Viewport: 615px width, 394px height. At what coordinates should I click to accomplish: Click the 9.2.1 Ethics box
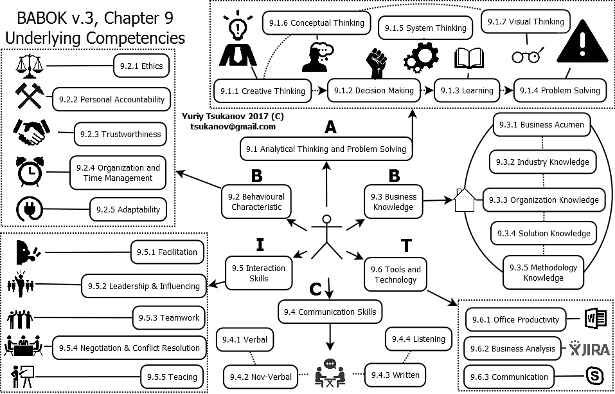tap(141, 66)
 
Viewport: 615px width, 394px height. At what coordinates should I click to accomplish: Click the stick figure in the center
tap(326, 236)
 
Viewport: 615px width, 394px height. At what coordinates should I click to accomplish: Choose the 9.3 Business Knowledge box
tap(393, 202)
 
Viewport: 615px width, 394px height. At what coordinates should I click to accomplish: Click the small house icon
tap(465, 200)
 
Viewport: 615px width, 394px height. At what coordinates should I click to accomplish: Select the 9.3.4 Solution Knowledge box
tap(545, 233)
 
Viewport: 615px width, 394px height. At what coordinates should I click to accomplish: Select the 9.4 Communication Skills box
tap(330, 312)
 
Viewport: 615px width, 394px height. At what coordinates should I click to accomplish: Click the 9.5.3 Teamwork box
tap(169, 317)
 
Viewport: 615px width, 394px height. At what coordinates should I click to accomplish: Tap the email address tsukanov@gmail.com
tap(233, 127)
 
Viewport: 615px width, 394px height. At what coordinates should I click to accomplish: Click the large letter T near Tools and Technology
tap(406, 245)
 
